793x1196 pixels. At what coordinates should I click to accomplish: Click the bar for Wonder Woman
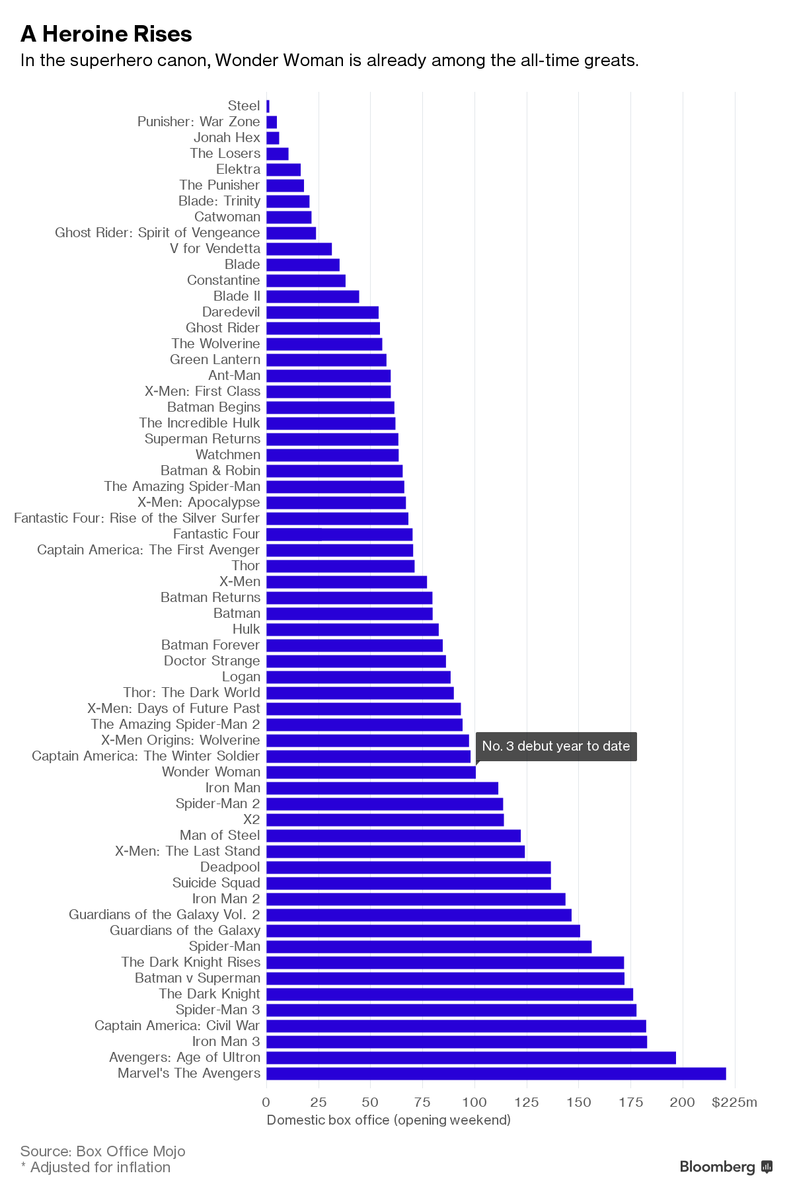tap(371, 772)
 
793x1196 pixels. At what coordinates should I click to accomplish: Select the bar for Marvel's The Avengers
tap(496, 1073)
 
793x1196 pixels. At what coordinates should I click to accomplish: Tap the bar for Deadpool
tap(408, 867)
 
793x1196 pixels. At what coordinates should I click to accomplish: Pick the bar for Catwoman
tap(289, 217)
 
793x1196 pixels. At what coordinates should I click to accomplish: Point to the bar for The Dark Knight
tap(449, 994)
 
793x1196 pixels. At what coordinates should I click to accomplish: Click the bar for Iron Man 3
tap(457, 1041)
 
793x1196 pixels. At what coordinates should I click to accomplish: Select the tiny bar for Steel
tap(268, 106)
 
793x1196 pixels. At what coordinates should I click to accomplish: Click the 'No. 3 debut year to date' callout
tap(556, 746)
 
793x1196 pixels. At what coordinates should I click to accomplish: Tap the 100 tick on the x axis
tap(474, 1102)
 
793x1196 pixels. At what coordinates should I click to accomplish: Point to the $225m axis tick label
tap(734, 1102)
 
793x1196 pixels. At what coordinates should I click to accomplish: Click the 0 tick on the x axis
tap(266, 1102)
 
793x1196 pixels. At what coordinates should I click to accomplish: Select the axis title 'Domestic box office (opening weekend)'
tap(389, 1119)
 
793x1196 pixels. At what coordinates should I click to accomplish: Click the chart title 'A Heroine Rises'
tap(106, 34)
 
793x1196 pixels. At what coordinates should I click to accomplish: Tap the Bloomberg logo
tap(726, 1166)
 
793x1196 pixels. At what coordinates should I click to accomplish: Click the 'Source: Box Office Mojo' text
tap(103, 1151)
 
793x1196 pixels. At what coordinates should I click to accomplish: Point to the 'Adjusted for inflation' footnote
tap(100, 1167)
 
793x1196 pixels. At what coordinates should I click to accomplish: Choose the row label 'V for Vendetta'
tap(215, 248)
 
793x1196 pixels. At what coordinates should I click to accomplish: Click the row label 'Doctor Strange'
tap(212, 661)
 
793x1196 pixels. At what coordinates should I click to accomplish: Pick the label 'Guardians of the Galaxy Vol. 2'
tap(165, 915)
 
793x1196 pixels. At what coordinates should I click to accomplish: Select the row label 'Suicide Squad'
tap(216, 883)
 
